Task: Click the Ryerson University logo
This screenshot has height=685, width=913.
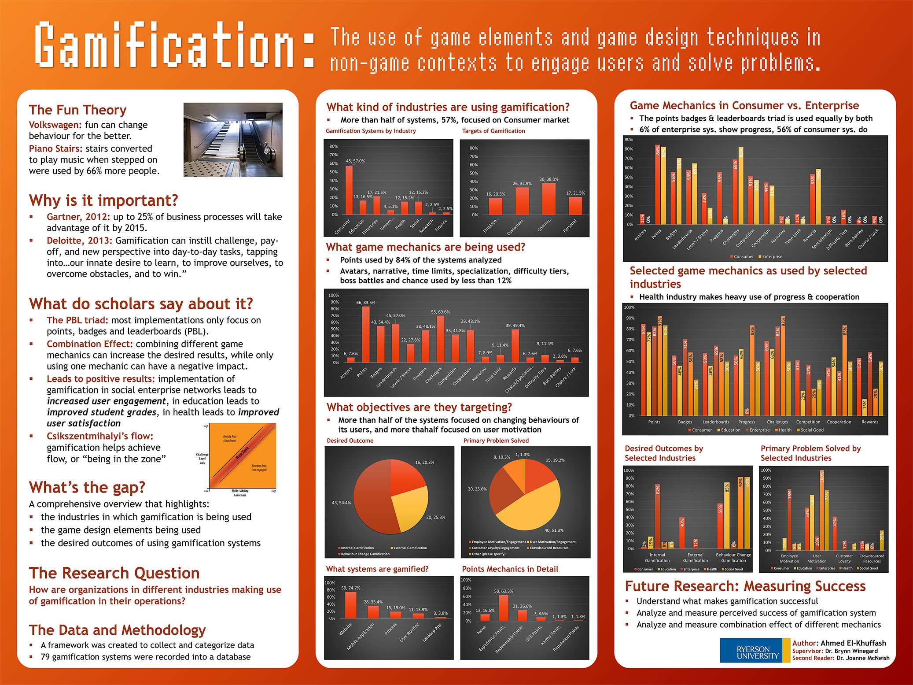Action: point(755,651)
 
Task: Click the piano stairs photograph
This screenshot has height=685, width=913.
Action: point(233,140)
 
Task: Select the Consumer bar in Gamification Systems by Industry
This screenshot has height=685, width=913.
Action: point(349,190)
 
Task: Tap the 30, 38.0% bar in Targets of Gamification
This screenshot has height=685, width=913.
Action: point(549,199)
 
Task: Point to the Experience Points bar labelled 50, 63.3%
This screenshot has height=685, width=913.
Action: point(504,607)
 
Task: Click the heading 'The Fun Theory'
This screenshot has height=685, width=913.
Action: point(77,110)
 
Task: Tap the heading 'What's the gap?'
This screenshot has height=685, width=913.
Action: point(87,487)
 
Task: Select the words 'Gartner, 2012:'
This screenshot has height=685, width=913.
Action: point(78,217)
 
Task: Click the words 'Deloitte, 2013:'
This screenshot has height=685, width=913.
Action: point(79,241)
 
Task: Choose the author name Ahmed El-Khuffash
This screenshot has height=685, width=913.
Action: point(853,643)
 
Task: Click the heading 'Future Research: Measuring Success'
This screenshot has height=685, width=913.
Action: point(745,586)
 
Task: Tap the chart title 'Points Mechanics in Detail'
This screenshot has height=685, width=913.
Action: point(510,569)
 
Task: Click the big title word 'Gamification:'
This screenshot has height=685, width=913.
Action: point(174,46)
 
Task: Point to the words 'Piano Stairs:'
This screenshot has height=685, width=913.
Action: point(55,148)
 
